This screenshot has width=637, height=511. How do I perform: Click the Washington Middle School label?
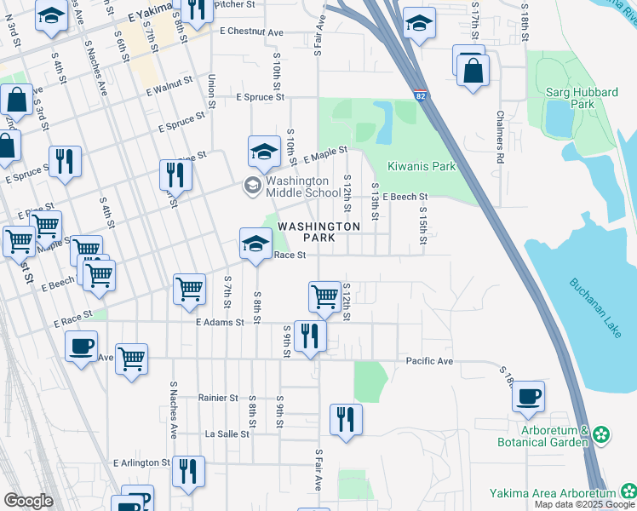[296, 187]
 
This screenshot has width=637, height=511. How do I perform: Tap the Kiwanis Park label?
[422, 167]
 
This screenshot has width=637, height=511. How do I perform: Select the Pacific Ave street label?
[429, 361]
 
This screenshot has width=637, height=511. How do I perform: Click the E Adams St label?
[220, 323]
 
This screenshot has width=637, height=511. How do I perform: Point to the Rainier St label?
[218, 398]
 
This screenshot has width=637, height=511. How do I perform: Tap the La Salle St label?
[227, 433]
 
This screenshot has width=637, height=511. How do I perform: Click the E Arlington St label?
[141, 463]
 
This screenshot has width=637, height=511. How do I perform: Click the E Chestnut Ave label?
[250, 32]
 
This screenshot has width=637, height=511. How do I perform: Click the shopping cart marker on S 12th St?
[324, 296]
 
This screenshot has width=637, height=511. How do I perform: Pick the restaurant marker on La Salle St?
[346, 419]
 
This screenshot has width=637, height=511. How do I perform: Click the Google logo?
[28, 501]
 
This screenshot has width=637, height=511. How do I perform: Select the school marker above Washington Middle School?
[264, 152]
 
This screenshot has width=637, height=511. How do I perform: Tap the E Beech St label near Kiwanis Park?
[405, 197]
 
